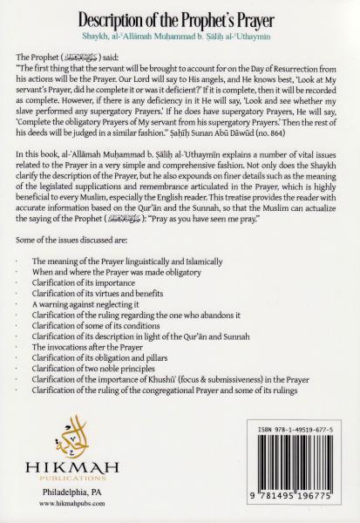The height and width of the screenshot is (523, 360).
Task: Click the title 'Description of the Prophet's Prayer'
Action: pyautogui.click(x=180, y=17)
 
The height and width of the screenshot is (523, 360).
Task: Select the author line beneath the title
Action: pyautogui.click(x=180, y=37)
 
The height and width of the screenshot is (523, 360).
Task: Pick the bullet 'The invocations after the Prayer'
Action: pyautogui.click(x=99, y=346)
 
